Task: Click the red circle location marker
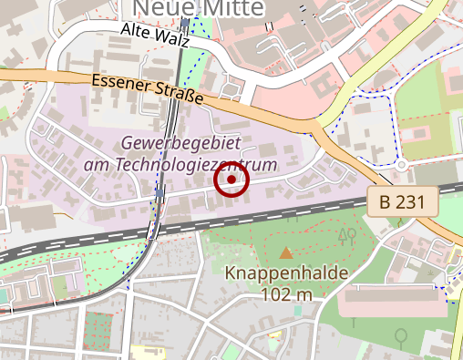[x=231, y=181]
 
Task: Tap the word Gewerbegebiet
[x=180, y=145]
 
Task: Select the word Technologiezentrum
[x=192, y=166]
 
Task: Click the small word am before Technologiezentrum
[x=96, y=166]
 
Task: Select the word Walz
[x=172, y=40]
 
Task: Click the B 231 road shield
[x=403, y=202]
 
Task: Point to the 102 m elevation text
[x=286, y=294]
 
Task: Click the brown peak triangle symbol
[x=286, y=253]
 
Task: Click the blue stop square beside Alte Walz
[x=185, y=23]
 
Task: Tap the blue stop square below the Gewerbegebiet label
[x=160, y=193]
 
